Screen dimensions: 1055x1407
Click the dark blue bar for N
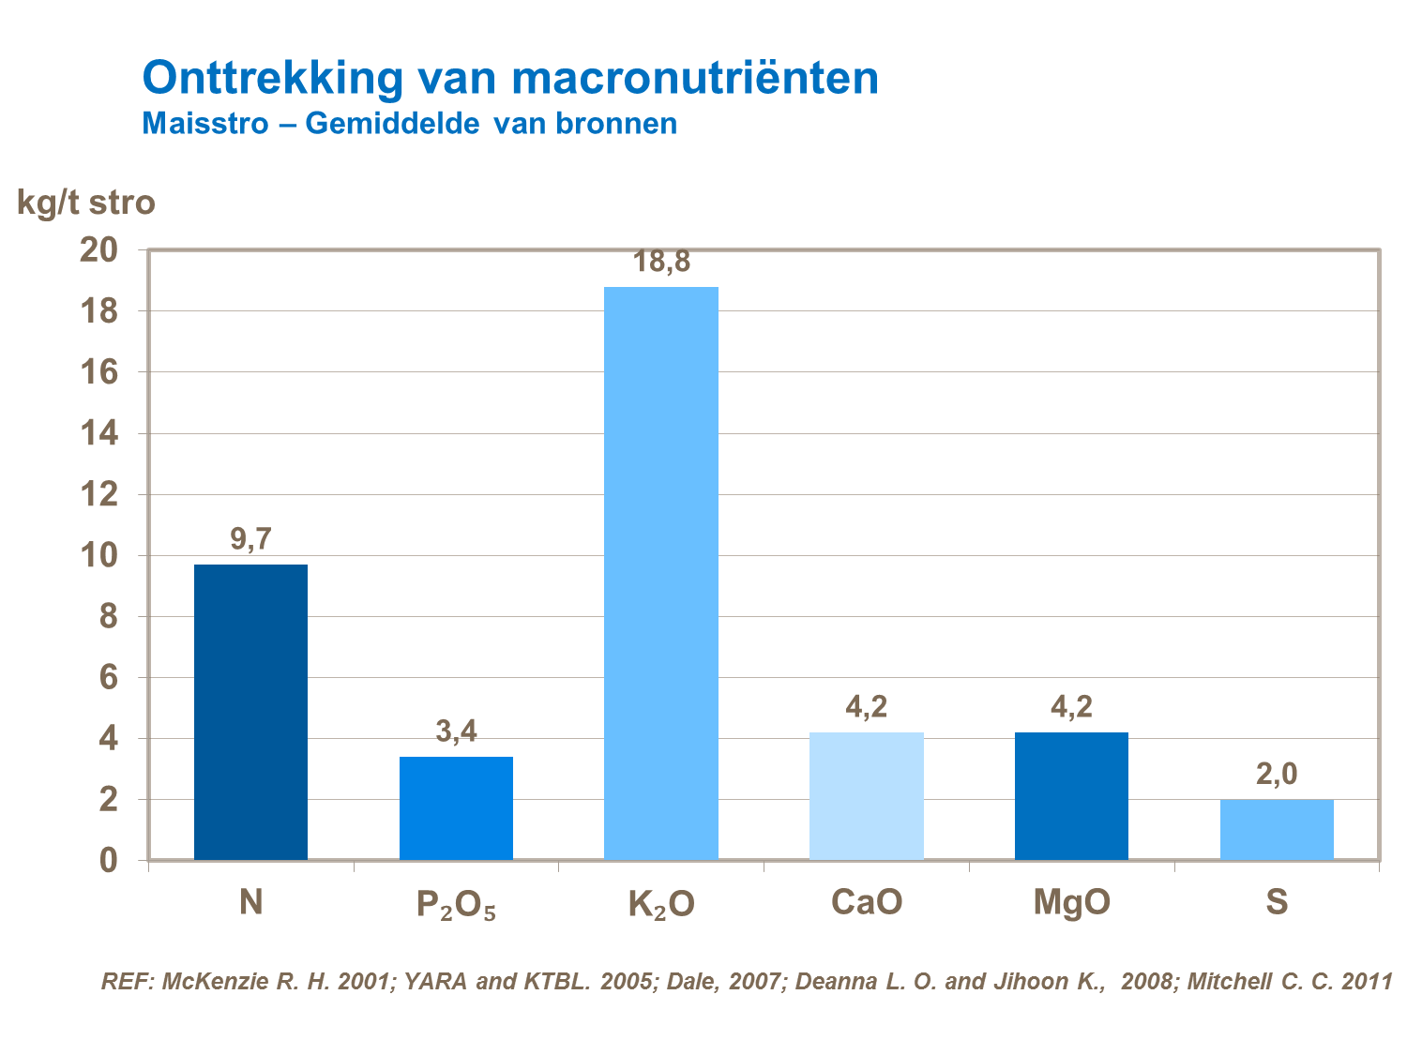[x=250, y=712]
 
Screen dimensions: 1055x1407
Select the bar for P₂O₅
[x=456, y=807]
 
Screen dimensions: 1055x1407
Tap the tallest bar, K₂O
[x=661, y=573]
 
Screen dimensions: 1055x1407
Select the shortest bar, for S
[x=1277, y=829]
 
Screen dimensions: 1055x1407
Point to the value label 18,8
[x=661, y=262]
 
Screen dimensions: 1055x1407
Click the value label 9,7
[x=250, y=540]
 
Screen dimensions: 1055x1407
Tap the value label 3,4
[x=456, y=731]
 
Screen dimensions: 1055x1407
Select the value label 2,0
[x=1277, y=775]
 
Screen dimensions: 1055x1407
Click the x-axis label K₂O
[x=661, y=904]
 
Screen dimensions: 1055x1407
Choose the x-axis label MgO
[x=1071, y=902]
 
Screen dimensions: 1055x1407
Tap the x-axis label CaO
[x=866, y=902]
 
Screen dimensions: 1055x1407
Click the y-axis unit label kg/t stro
[x=86, y=203]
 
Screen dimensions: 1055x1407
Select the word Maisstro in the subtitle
[x=205, y=124]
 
